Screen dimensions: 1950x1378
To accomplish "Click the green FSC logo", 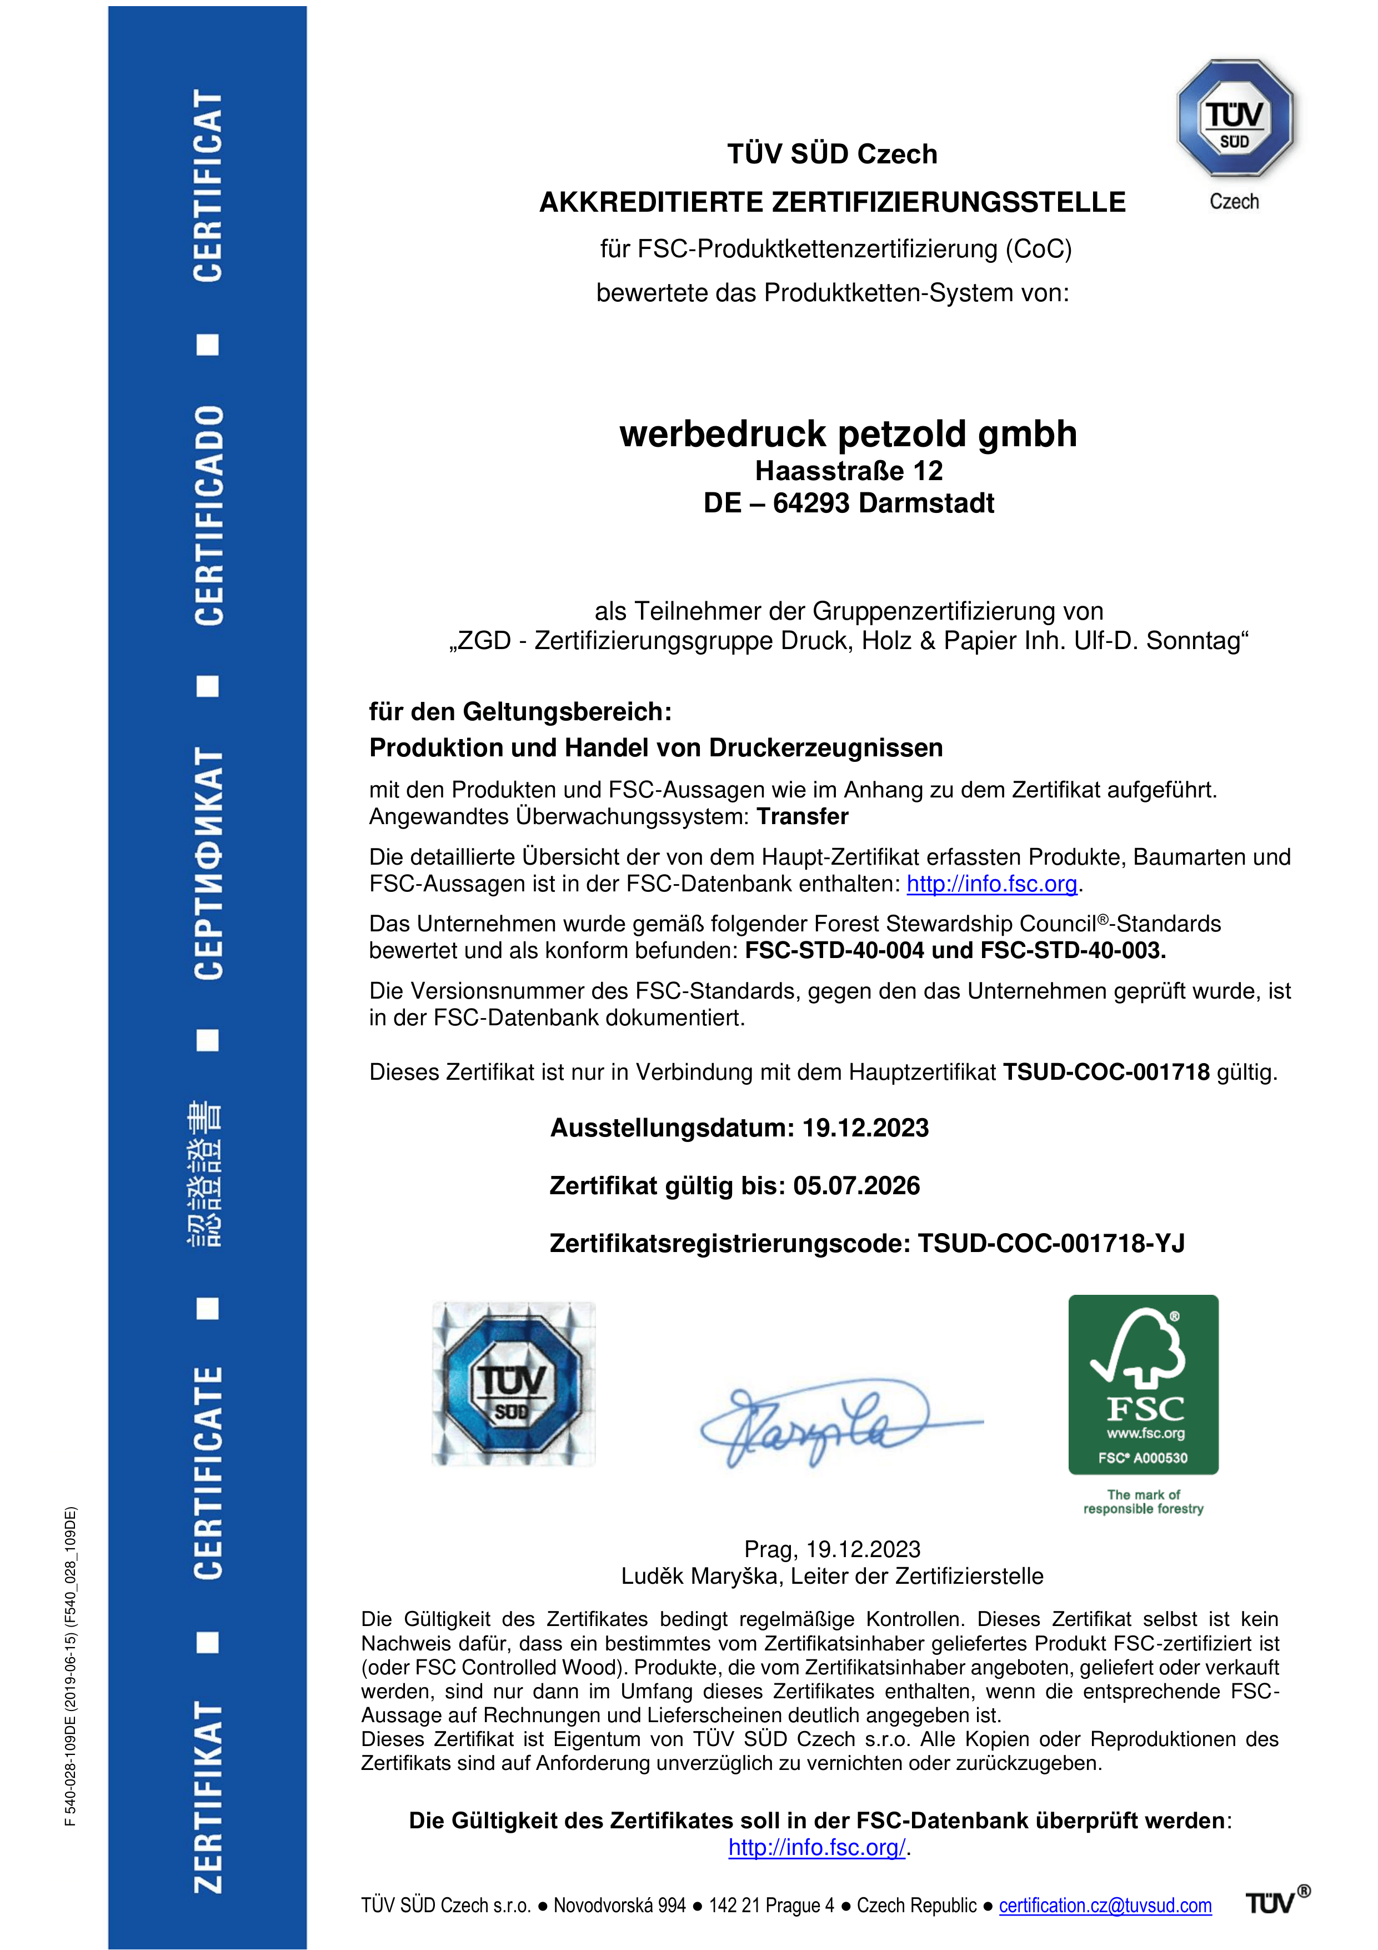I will coord(1143,1384).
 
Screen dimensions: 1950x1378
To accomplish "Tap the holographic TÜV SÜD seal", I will coord(514,1383).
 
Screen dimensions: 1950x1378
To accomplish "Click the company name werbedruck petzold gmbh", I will coord(848,434).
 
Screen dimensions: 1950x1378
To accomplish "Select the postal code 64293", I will coord(811,503).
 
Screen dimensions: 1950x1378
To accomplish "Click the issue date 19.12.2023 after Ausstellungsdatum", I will coord(865,1128).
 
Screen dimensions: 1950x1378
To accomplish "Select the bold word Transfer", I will coord(803,817).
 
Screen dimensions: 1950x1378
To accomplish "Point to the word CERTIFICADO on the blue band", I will coord(208,516).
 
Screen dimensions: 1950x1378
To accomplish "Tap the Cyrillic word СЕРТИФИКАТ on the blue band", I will coord(208,863).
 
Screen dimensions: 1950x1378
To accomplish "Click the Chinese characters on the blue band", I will coord(206,1174).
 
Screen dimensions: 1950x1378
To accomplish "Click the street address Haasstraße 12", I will coord(848,471).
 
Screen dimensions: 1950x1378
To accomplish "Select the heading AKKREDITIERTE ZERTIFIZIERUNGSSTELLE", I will coord(832,202).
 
